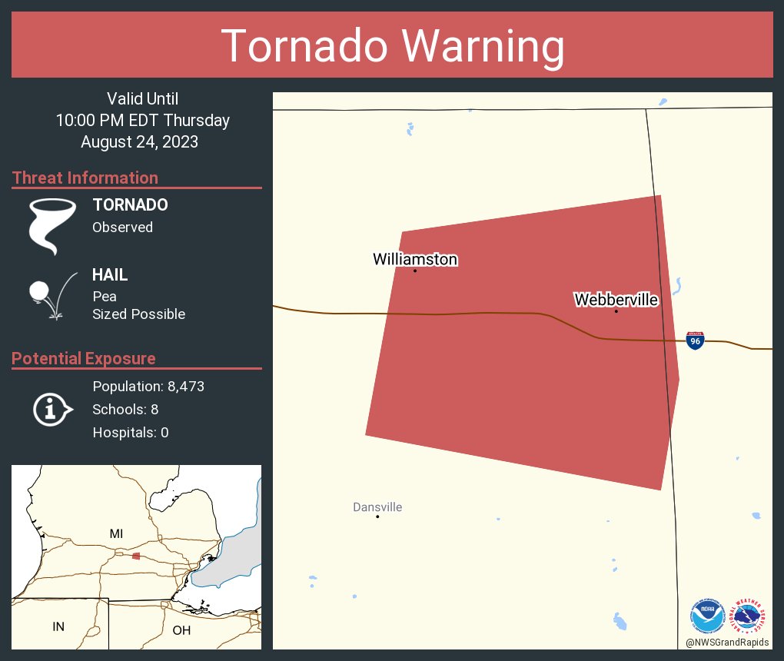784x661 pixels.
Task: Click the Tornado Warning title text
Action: tap(392, 46)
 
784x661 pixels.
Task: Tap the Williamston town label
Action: tap(415, 260)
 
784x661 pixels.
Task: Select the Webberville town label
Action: tap(616, 300)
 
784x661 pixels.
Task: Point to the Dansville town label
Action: tap(377, 507)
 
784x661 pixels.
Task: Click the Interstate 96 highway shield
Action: tap(695, 340)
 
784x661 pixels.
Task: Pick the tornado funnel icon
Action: tap(51, 226)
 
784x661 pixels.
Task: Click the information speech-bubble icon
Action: tap(51, 409)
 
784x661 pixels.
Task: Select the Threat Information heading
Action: tap(85, 178)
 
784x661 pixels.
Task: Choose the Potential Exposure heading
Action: tap(84, 359)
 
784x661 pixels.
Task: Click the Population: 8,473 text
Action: tap(148, 386)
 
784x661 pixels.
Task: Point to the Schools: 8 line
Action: tap(125, 409)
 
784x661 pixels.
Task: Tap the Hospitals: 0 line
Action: tap(131, 432)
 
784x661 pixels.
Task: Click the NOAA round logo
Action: tap(707, 616)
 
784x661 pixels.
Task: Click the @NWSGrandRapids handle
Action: tap(727, 643)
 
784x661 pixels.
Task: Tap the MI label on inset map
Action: tap(116, 533)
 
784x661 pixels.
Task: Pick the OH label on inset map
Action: tap(181, 630)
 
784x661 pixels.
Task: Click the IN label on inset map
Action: tap(58, 626)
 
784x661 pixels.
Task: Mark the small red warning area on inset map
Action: tap(136, 556)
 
